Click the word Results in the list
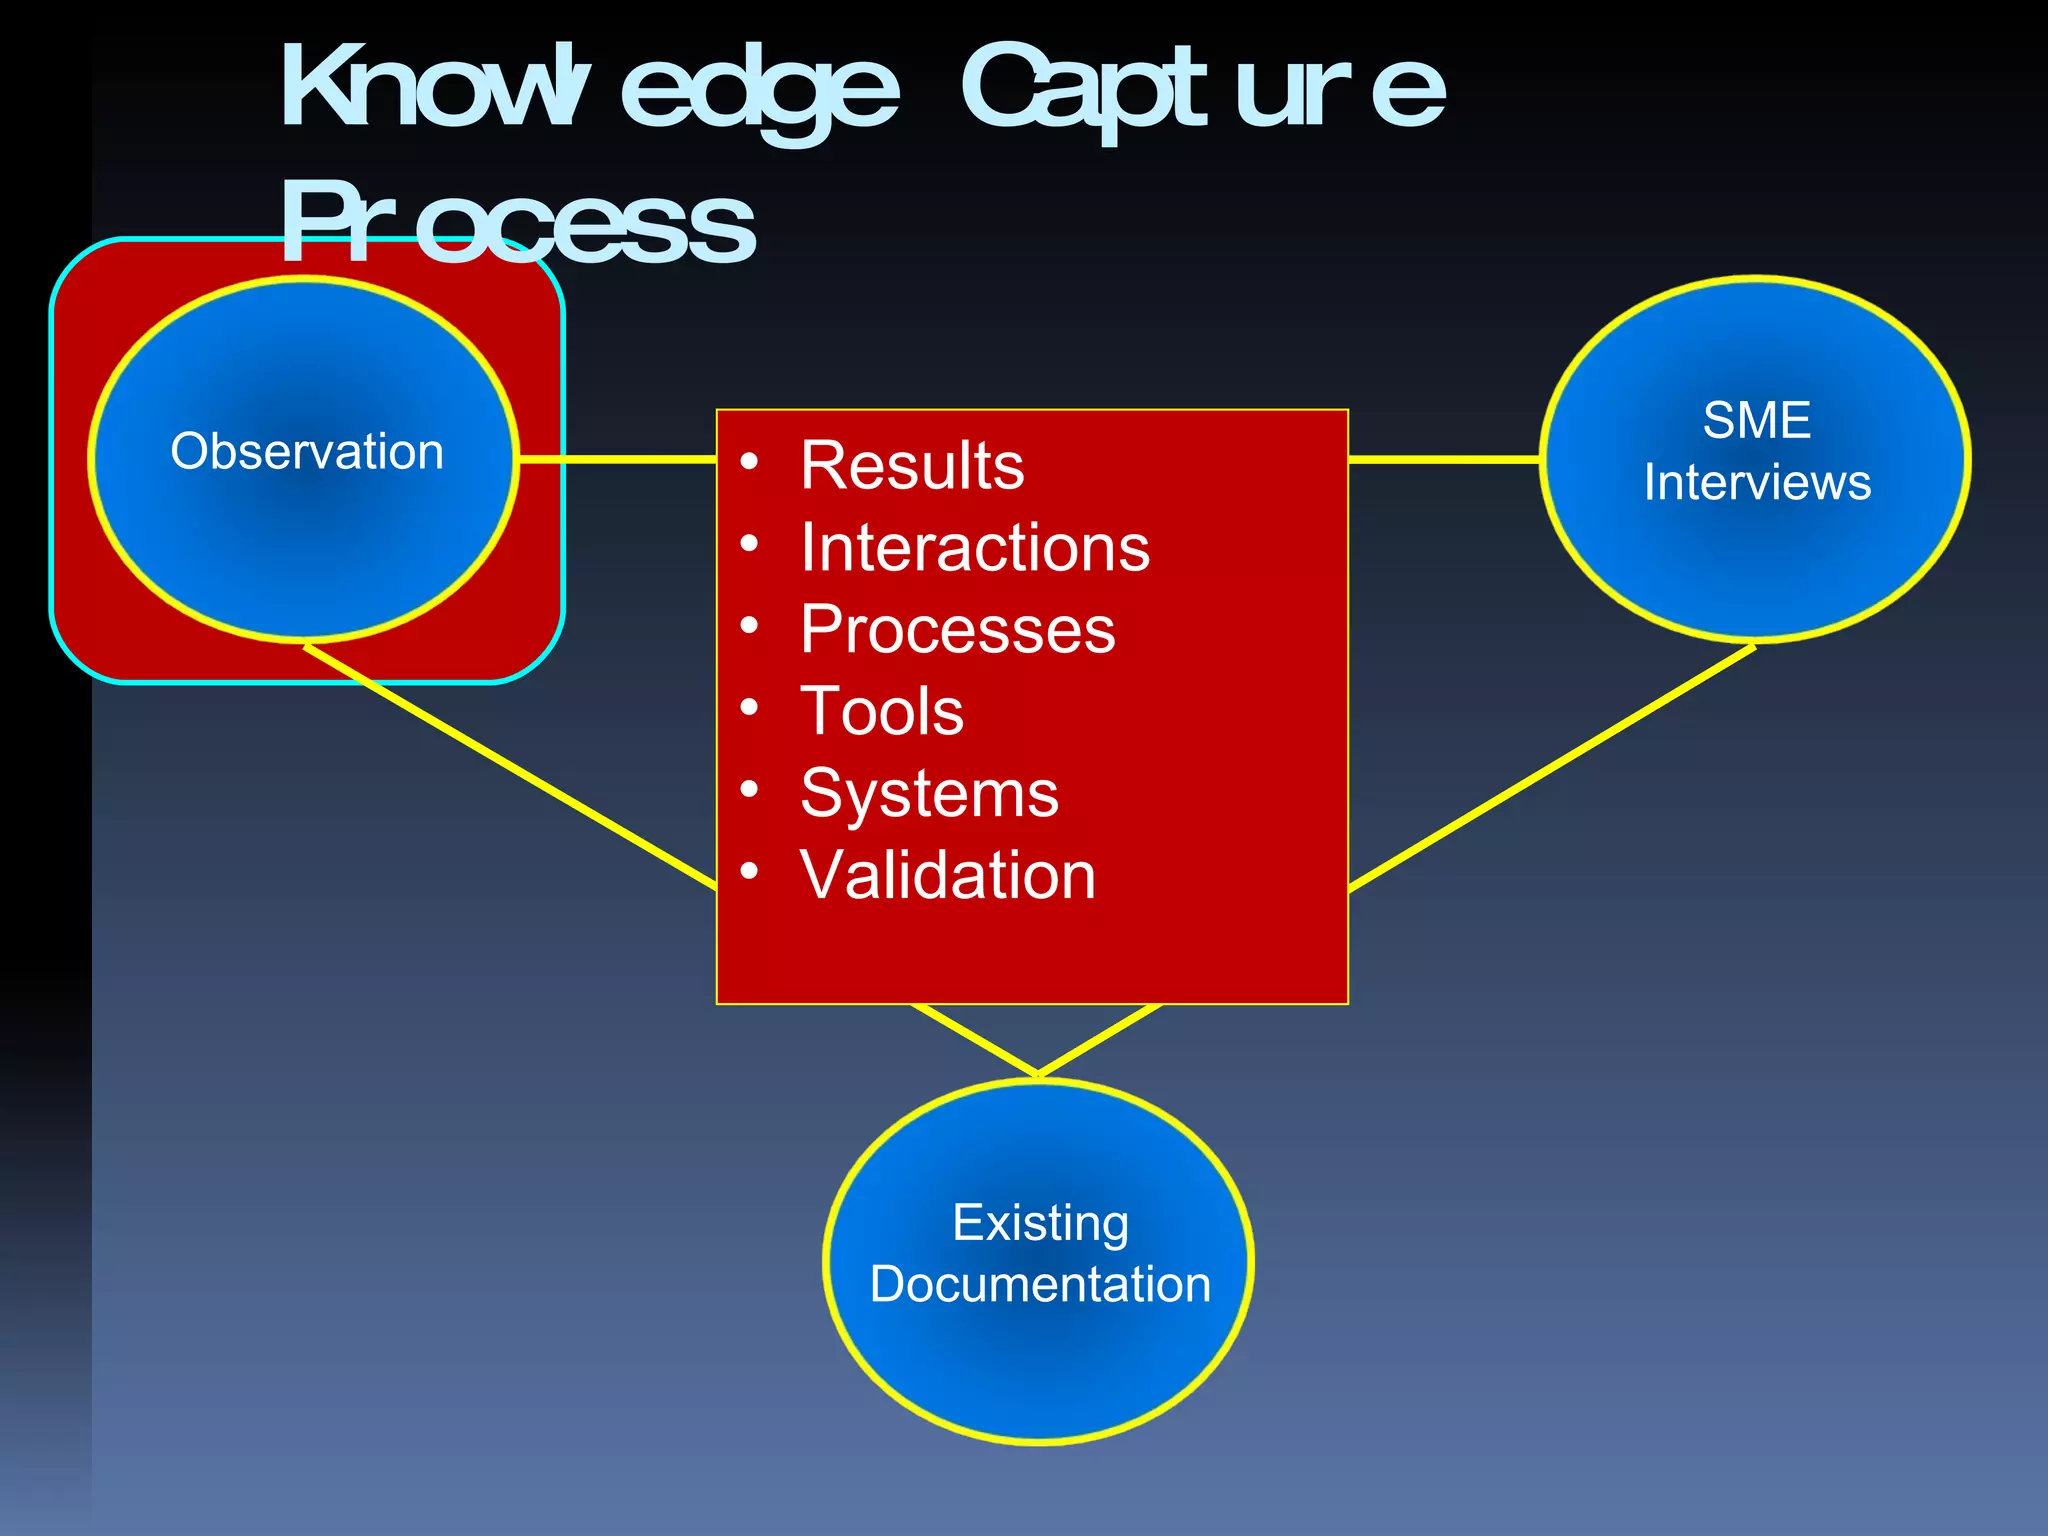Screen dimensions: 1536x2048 click(x=912, y=466)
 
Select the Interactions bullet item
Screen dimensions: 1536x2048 click(x=975, y=548)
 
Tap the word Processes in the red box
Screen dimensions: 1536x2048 click(x=957, y=630)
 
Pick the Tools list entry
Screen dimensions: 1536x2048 click(x=882, y=712)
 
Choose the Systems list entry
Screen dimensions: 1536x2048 click(x=929, y=794)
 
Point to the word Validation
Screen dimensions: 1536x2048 click(x=948, y=876)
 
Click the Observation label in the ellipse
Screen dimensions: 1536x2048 click(x=307, y=452)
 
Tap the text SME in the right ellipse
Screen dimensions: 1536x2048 click(x=1757, y=420)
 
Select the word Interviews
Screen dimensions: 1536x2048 click(x=1757, y=483)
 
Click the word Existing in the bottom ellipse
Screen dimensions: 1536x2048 click(x=1040, y=1223)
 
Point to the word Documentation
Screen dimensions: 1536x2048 click(x=1040, y=1285)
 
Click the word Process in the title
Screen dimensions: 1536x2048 click(x=517, y=224)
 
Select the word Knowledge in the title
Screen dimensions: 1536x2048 click(x=590, y=90)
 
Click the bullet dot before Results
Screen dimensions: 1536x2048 click(x=750, y=462)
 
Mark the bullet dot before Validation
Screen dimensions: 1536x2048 click(x=750, y=872)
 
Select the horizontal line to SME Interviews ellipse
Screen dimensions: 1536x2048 click(x=1443, y=459)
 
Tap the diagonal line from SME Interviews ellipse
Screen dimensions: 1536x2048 click(x=1550, y=768)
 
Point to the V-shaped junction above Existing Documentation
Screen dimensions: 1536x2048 click(x=1038, y=1074)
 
